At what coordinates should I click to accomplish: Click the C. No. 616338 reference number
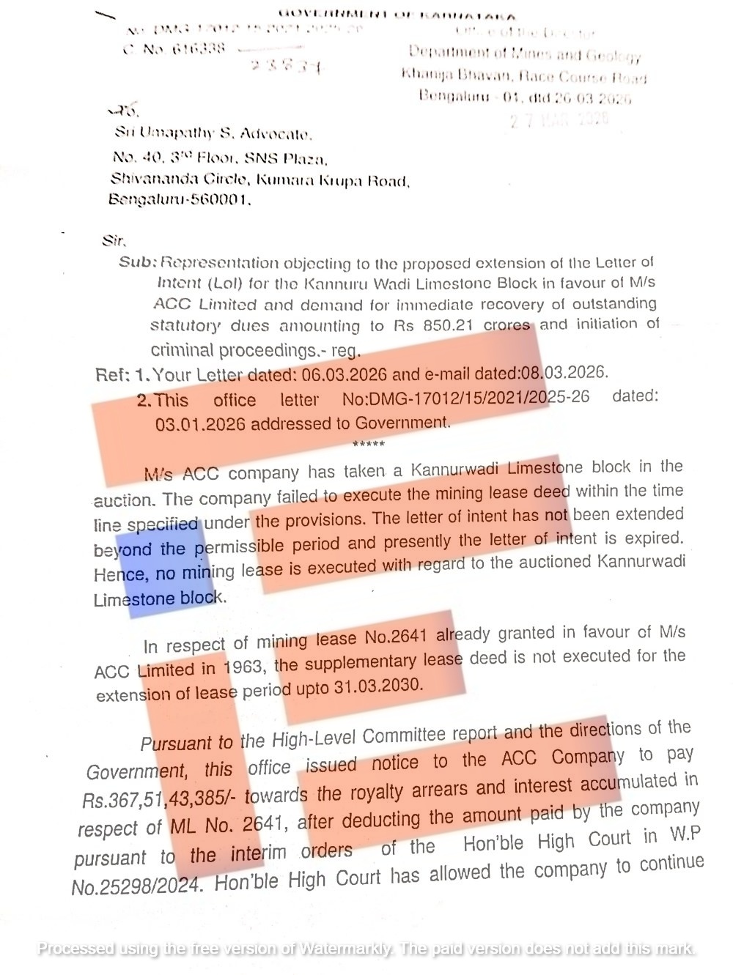(x=174, y=49)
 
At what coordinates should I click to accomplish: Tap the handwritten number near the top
(x=284, y=66)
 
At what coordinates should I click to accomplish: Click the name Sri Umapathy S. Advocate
(x=213, y=133)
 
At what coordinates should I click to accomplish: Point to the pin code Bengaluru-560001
(x=180, y=199)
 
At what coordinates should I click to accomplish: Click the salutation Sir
(x=114, y=240)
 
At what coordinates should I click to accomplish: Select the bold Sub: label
(x=138, y=262)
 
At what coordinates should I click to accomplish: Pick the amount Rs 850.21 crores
(x=462, y=325)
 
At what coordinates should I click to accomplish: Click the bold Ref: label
(x=113, y=375)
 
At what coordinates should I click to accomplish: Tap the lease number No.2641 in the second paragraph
(x=395, y=637)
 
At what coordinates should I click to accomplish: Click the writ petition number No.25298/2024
(x=136, y=886)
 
